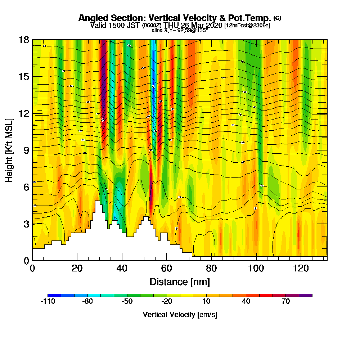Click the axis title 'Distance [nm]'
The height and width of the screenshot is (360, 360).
[180, 282]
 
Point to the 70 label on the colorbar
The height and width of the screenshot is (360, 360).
[286, 302]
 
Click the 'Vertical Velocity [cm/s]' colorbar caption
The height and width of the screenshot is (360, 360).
[180, 315]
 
